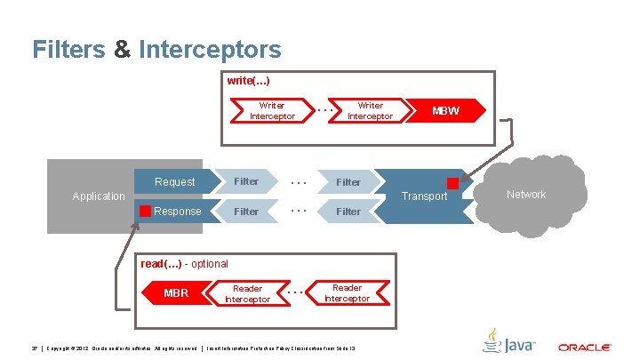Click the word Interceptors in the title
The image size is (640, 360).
point(210,49)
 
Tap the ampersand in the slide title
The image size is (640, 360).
point(123,49)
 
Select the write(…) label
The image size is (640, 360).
point(248,81)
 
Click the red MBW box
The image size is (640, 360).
point(446,111)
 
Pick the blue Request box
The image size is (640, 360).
point(175,182)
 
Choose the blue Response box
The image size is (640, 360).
point(177,212)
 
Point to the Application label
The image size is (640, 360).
point(99,196)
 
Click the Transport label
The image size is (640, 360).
point(424,196)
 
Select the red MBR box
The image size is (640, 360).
point(176,292)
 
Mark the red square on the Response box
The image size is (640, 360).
point(145,212)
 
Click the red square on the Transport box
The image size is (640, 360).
point(452,183)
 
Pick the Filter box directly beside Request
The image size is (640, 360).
point(246,182)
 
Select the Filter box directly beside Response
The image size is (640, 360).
point(246,212)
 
